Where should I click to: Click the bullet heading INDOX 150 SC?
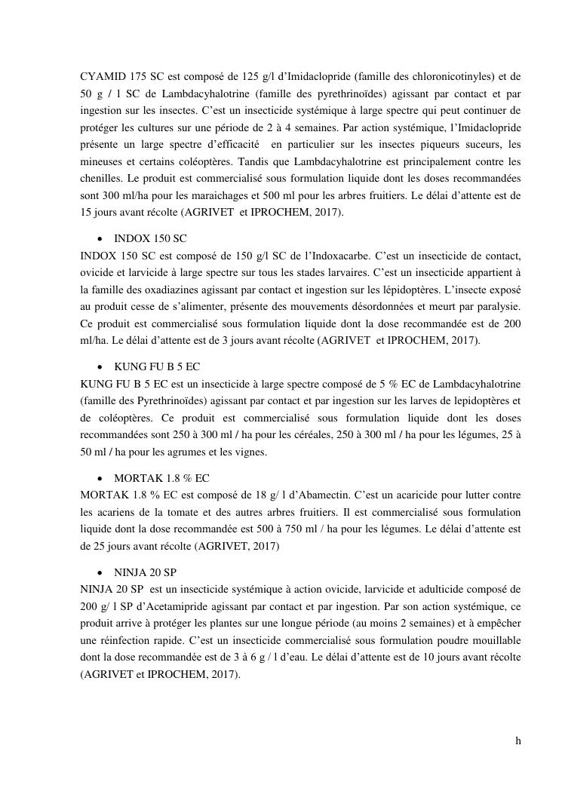(150, 238)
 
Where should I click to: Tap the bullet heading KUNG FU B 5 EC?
(157, 366)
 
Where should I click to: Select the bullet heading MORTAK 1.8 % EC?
(161, 478)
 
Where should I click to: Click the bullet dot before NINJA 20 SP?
(100, 573)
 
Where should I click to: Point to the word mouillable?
(493, 639)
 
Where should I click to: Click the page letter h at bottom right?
(518, 740)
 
